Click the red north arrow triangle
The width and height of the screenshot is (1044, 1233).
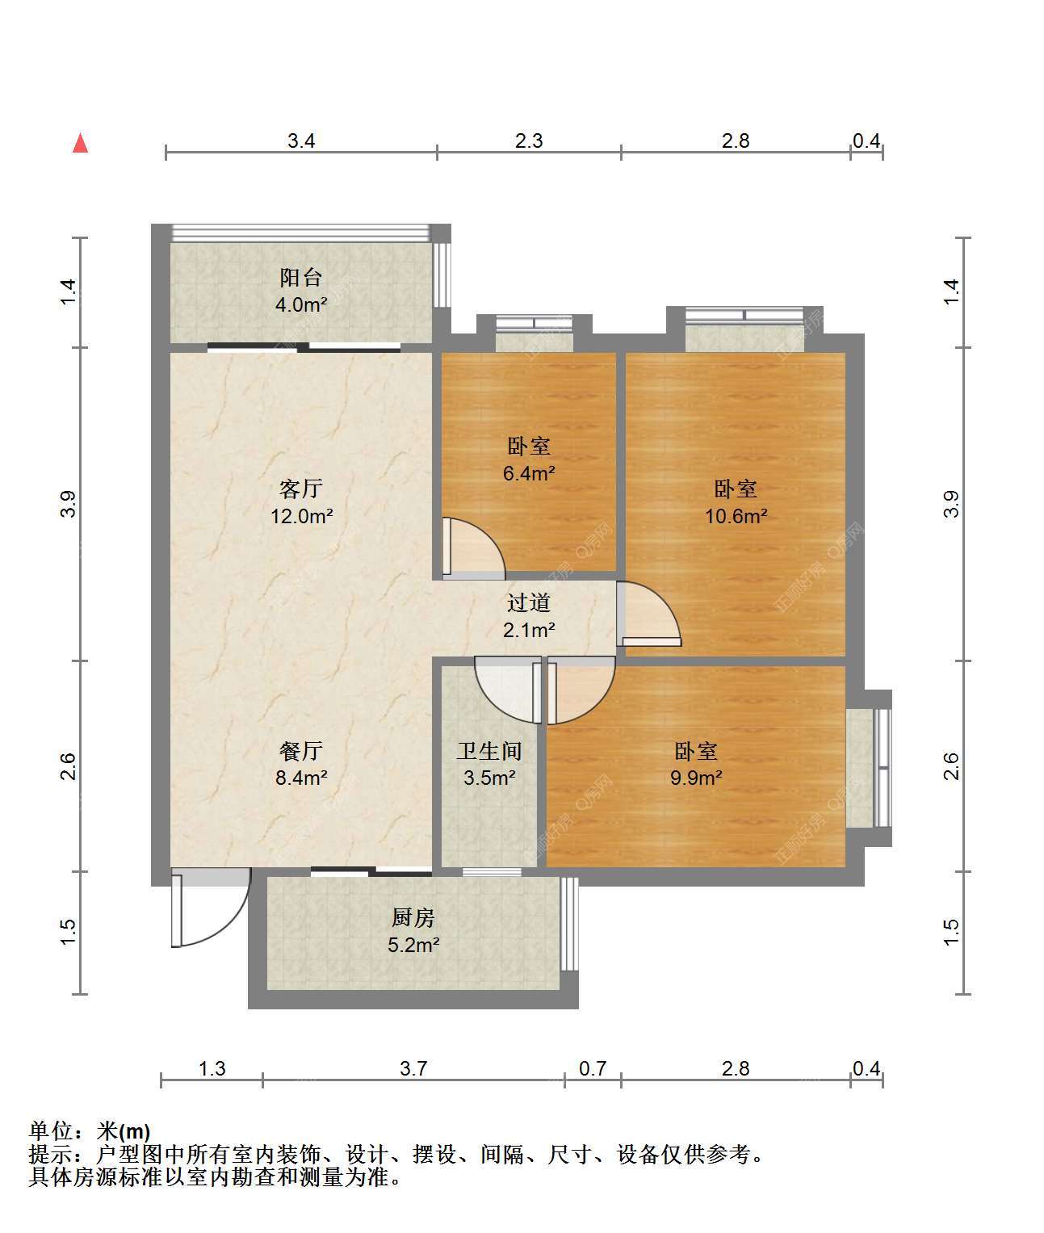pos(81,144)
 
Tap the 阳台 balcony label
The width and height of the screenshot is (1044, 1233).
pos(300,278)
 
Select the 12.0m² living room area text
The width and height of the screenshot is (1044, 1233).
pos(301,516)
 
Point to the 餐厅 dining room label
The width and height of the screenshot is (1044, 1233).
pos(301,750)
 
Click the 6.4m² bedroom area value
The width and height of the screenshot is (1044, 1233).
pos(529,473)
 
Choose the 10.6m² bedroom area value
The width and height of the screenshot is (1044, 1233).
pos(736,516)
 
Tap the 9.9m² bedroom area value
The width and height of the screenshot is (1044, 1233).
pos(696,778)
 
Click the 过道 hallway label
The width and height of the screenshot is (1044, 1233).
pos(529,602)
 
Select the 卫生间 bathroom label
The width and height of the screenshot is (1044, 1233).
pos(489,750)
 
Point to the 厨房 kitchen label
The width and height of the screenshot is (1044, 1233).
pos(413,917)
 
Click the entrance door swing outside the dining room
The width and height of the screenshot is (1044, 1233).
pos(211,908)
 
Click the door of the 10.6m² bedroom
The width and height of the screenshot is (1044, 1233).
pos(648,614)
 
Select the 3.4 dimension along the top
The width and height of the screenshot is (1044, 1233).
pos(300,140)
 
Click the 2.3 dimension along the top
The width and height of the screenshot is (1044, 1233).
pos(529,140)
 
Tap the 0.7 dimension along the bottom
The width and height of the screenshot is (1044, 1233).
pos(593,1068)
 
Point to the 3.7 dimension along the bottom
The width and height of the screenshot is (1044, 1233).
pos(413,1068)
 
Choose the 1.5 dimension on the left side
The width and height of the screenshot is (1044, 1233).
pos(69,933)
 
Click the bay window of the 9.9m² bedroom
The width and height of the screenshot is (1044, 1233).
pos(869,768)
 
